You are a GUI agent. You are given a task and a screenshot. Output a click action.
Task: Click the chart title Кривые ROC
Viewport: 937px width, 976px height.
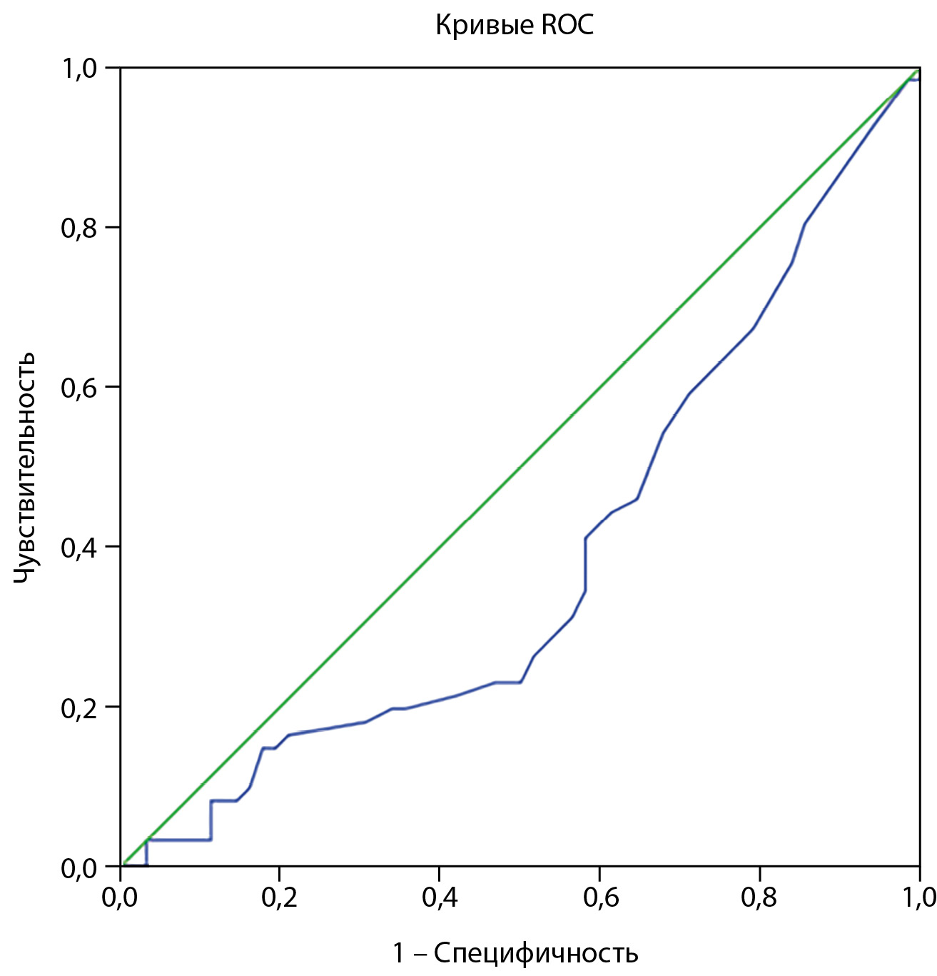click(515, 26)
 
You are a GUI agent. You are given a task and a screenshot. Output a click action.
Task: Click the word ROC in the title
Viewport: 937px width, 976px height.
click(567, 26)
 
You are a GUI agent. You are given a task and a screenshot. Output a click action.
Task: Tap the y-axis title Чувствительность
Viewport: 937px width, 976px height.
click(25, 466)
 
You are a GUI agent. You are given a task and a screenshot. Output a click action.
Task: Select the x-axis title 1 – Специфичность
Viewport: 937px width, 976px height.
click(515, 952)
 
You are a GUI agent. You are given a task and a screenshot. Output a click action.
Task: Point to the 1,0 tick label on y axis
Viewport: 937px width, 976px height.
click(81, 69)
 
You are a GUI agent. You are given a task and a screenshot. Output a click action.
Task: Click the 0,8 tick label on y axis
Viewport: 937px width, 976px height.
click(81, 228)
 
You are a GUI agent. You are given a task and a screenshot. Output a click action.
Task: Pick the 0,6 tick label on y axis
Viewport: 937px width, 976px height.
click(81, 388)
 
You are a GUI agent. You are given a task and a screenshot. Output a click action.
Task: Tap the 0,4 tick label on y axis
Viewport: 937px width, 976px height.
click(81, 548)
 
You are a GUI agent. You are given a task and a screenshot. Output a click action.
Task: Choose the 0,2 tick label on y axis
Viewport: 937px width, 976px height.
click(81, 708)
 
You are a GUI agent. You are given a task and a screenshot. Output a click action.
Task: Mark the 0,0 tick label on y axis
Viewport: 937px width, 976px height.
click(81, 867)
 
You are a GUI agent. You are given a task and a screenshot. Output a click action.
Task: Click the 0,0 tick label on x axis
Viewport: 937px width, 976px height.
click(120, 897)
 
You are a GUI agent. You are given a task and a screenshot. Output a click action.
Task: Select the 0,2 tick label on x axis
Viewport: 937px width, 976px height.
click(280, 897)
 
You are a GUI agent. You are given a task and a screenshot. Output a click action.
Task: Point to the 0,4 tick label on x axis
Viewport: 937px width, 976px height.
click(440, 897)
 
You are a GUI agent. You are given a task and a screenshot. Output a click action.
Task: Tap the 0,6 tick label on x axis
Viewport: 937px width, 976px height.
click(599, 897)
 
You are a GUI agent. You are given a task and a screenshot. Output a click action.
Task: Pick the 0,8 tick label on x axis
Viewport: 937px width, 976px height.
click(759, 897)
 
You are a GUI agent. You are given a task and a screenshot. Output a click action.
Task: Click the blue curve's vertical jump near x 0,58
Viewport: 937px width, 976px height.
click(585, 564)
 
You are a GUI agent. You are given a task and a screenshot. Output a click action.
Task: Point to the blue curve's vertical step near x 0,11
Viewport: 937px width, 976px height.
click(211, 820)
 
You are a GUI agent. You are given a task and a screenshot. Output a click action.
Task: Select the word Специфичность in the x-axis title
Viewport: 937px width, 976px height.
click(536, 952)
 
